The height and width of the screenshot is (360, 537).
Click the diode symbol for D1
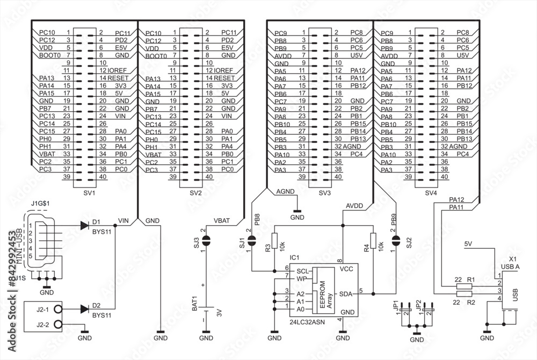[84, 226]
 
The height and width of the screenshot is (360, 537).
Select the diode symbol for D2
[84, 309]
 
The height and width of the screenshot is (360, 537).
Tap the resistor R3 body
[274, 242]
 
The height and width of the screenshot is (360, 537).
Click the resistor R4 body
[373, 242]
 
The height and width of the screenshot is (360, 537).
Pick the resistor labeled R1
[464, 287]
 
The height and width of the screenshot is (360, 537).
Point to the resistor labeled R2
[464, 294]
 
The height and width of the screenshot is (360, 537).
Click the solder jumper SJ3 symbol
[206, 241]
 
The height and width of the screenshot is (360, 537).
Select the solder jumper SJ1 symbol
[251, 241]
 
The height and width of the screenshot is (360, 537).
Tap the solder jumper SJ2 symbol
[396, 241]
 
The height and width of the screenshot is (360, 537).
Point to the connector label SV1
[90, 192]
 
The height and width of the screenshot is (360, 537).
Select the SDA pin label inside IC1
[345, 293]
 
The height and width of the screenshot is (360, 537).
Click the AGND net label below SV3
[284, 191]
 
